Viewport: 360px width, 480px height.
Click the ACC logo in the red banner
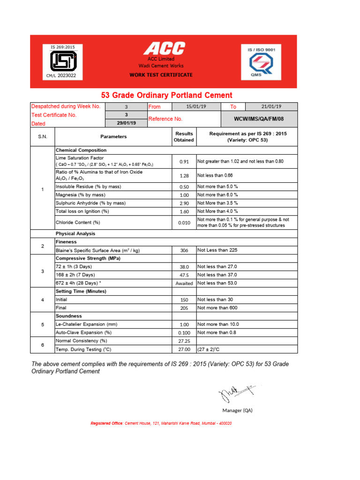pos(164,48)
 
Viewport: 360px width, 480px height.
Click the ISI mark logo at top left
pos(63,60)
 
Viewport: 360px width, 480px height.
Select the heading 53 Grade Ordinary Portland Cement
pos(166,95)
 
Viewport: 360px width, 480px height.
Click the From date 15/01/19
pos(196,107)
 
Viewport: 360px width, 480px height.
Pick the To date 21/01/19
pos(271,107)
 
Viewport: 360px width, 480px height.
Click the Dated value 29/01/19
pos(126,123)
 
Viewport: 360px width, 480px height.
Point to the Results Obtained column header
pos(184,137)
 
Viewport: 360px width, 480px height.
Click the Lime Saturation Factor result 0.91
pos(184,162)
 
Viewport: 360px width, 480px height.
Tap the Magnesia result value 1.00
pos(184,195)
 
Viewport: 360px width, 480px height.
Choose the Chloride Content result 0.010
pos(184,223)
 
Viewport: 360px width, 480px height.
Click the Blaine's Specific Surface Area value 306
pos(184,250)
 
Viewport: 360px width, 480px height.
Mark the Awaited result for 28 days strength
pos(184,283)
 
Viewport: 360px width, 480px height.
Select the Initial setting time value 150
pos(184,300)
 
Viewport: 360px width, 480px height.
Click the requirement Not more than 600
pos(217,308)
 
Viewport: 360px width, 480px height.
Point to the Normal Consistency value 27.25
pos(184,341)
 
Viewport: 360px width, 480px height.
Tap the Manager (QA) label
pos(237,410)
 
